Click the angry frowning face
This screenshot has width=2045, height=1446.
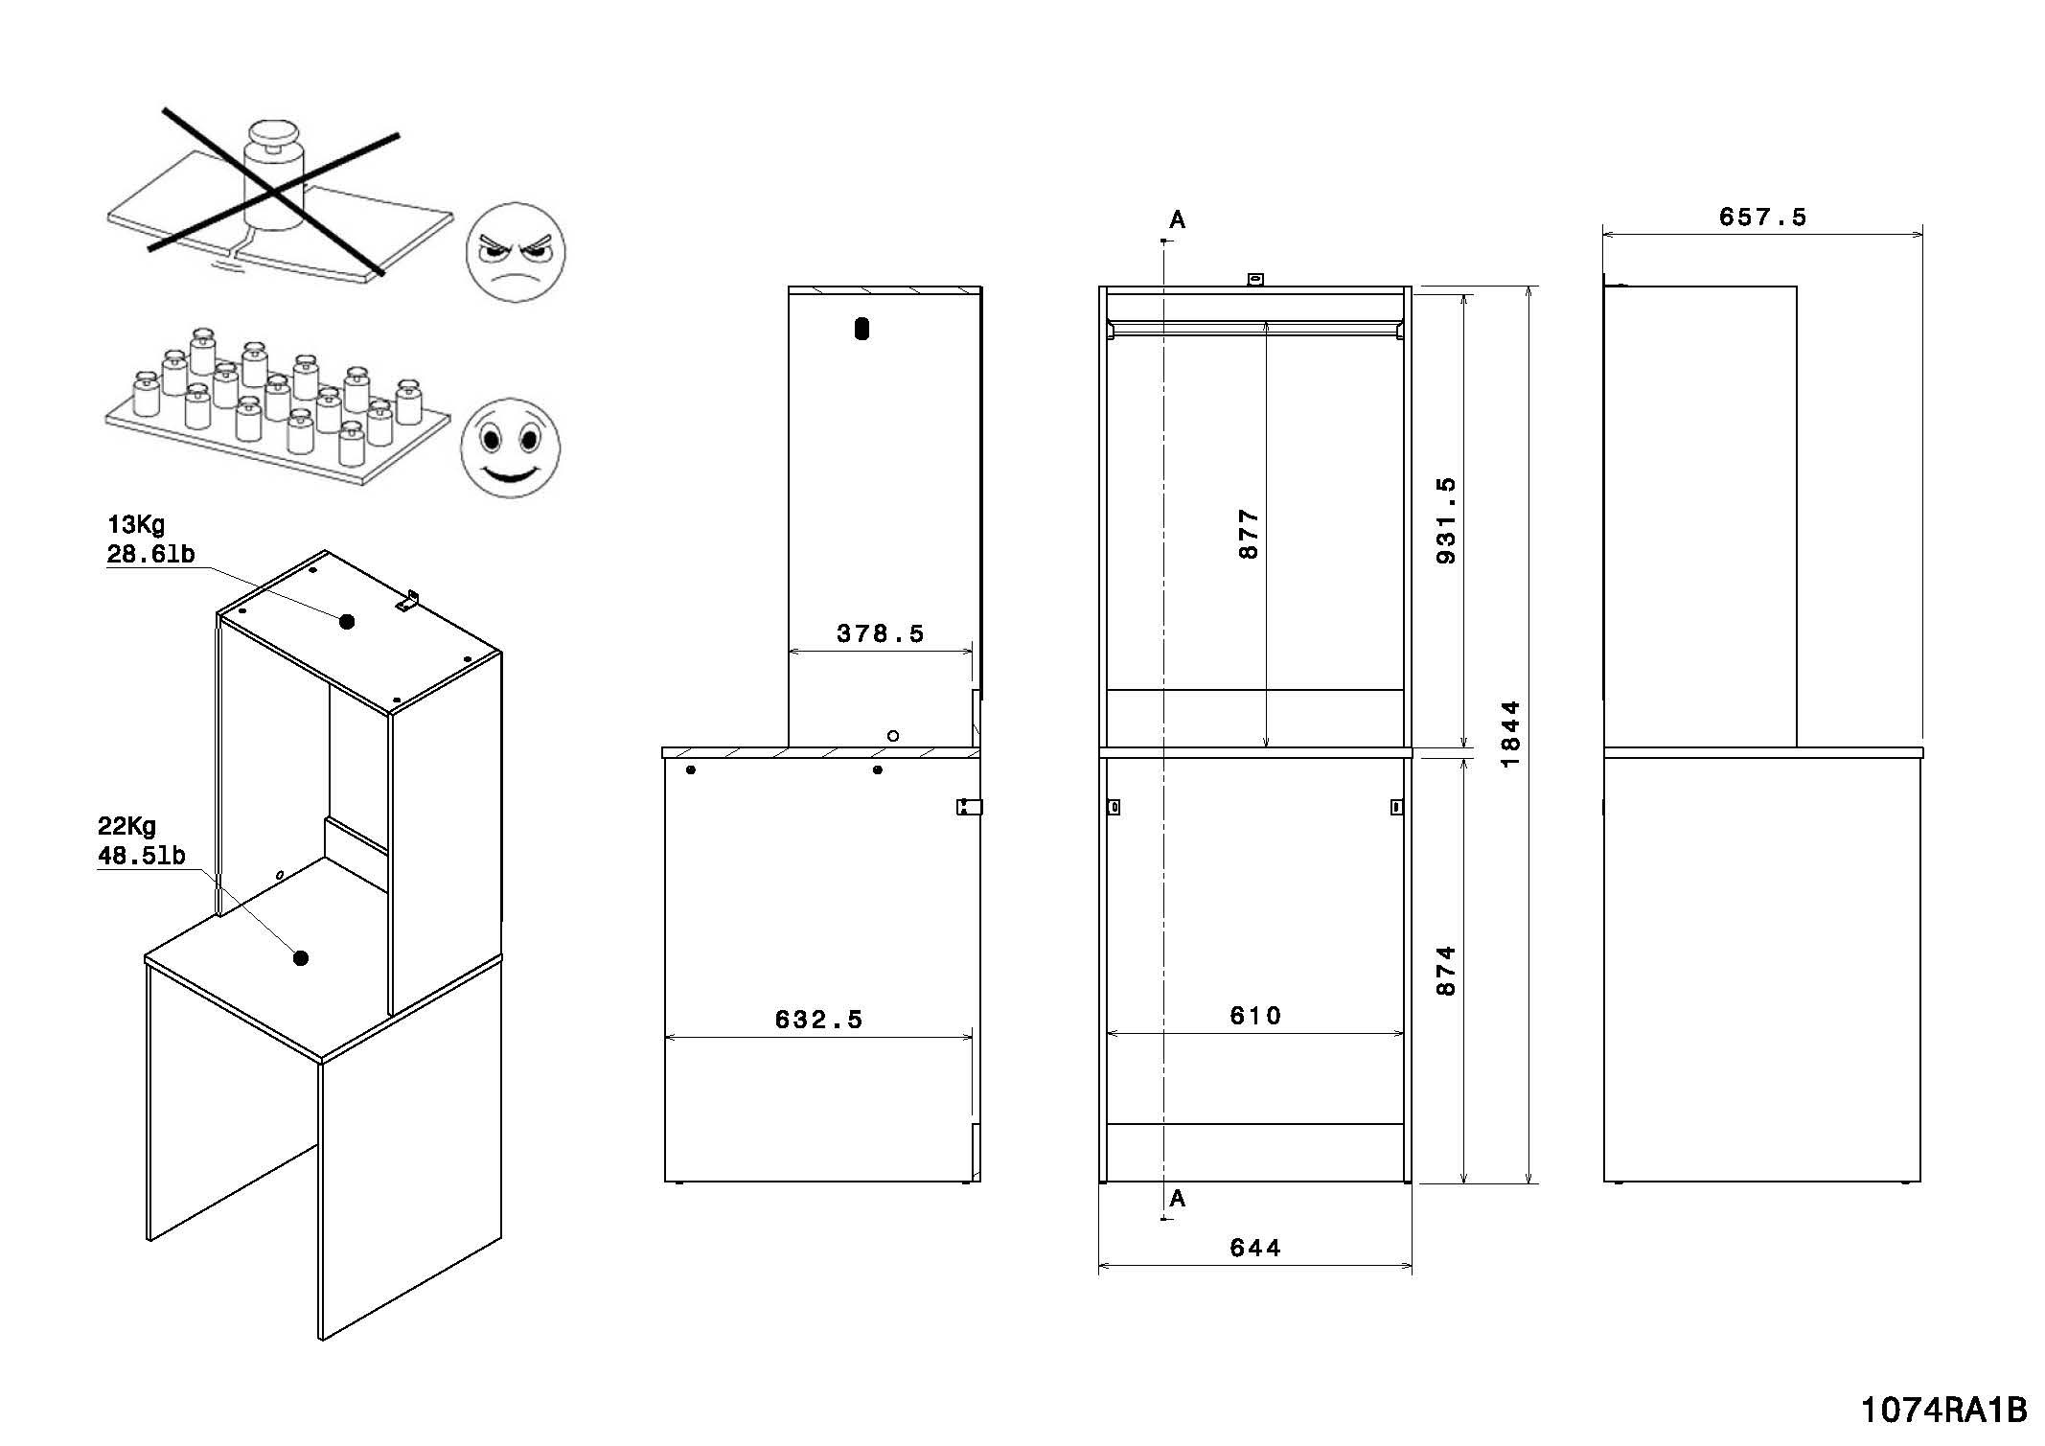(x=516, y=253)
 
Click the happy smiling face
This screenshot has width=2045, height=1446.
(x=509, y=448)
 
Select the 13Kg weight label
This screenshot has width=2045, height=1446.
(x=136, y=525)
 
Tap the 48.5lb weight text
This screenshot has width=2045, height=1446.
(x=142, y=856)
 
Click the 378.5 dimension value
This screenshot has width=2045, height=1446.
(x=880, y=634)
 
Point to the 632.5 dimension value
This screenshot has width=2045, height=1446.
(x=818, y=1020)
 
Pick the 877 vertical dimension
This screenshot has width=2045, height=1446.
(x=1249, y=534)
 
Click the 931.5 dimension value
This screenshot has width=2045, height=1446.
(x=1447, y=520)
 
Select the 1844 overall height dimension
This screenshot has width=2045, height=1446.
(x=1510, y=734)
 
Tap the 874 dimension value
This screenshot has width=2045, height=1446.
(x=1447, y=971)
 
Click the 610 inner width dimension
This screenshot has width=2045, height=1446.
(x=1255, y=1016)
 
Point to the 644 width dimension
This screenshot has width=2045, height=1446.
(x=1255, y=1248)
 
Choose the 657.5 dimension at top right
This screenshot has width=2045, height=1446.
(x=1762, y=218)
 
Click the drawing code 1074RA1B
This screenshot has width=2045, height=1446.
(x=1944, y=1411)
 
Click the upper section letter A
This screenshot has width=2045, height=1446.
(x=1178, y=220)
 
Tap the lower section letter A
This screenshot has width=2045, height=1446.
(x=1178, y=1198)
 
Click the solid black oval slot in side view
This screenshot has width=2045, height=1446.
(x=862, y=329)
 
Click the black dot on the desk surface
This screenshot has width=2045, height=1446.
(x=301, y=957)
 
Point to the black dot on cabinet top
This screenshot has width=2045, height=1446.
(x=347, y=622)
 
